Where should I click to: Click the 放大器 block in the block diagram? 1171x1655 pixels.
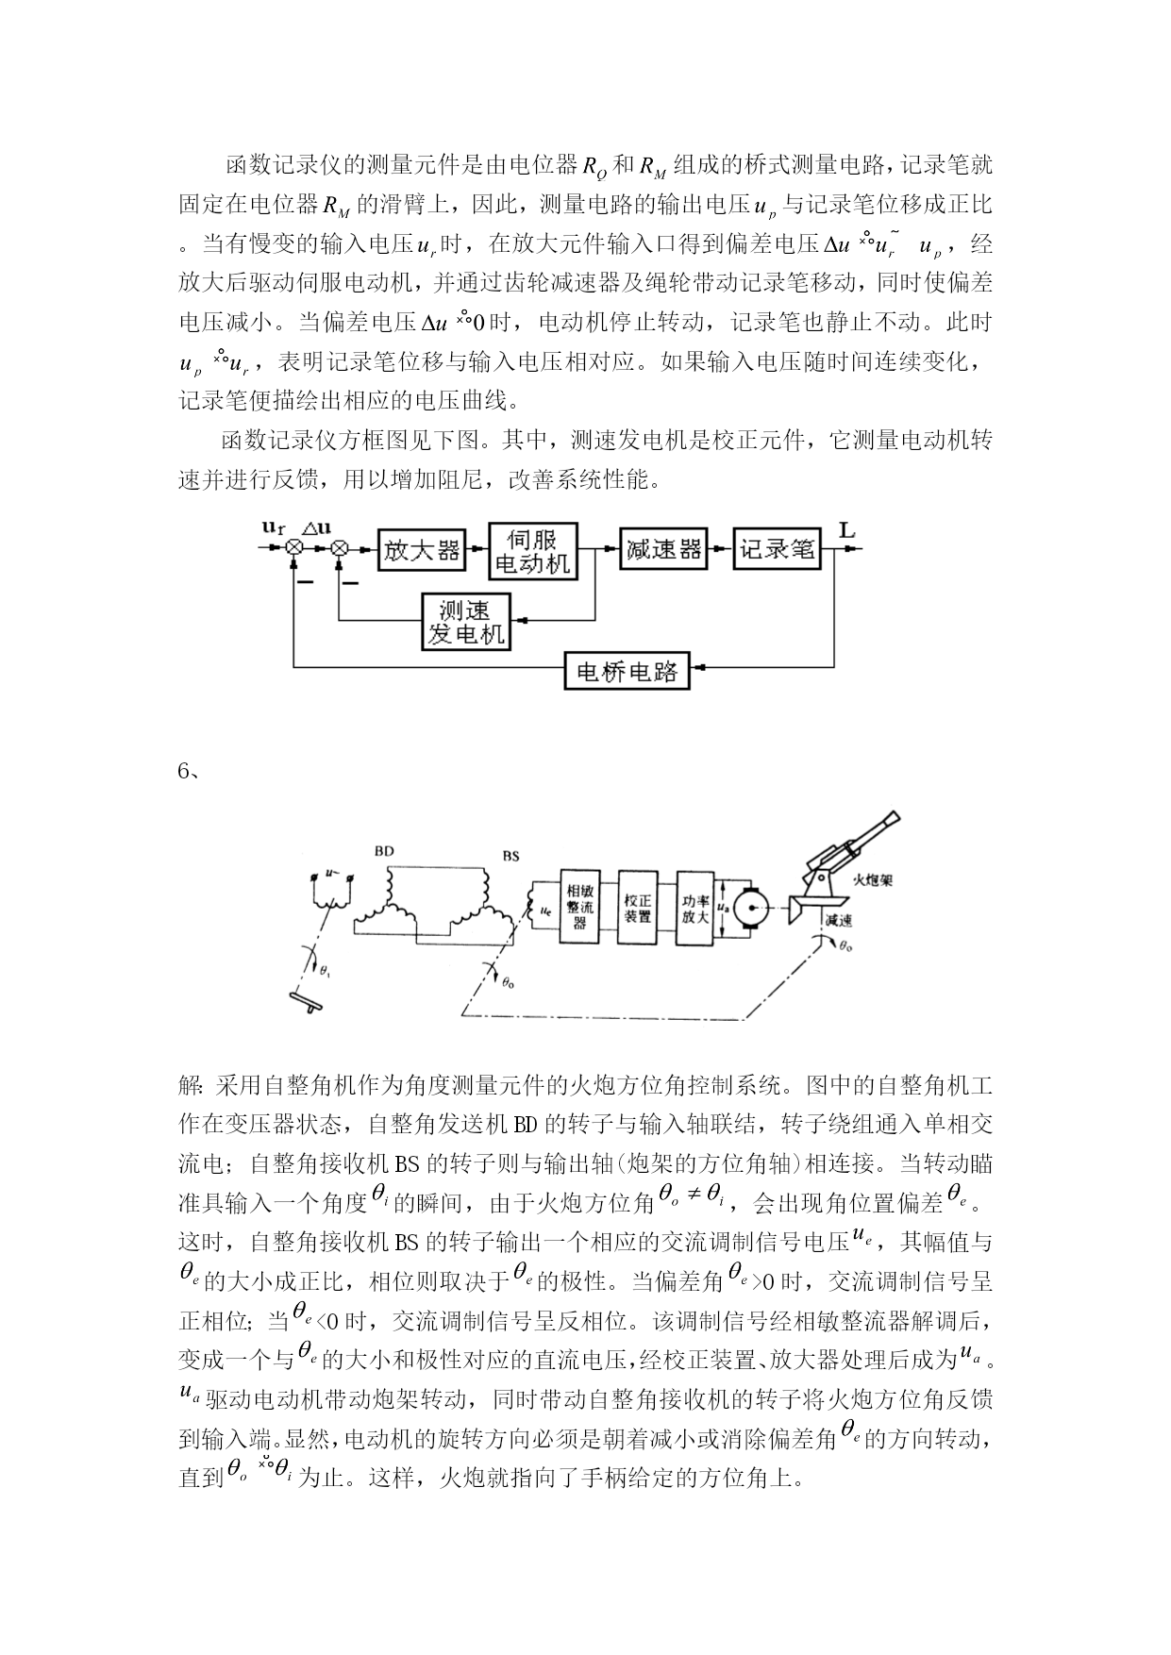click(x=421, y=550)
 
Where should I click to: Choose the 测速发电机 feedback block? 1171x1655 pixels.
click(x=465, y=622)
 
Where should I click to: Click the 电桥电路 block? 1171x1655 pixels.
click(x=627, y=671)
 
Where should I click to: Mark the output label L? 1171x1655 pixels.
click(x=846, y=530)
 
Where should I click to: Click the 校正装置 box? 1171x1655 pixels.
click(x=637, y=906)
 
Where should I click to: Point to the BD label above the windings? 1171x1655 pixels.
click(x=384, y=851)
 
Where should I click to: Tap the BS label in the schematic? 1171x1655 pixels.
click(x=510, y=856)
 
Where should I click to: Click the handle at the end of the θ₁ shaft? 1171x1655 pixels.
click(x=309, y=1003)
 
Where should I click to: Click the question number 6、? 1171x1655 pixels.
click(x=188, y=770)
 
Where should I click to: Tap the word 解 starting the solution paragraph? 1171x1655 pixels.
click(x=188, y=1086)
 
